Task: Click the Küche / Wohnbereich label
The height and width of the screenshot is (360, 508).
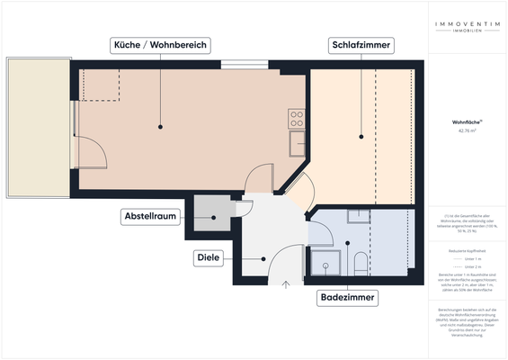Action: [x=159, y=45]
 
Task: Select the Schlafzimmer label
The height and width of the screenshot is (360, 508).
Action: [x=360, y=45]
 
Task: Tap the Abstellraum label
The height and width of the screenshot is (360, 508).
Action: [x=150, y=217]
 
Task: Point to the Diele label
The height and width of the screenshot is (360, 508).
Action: [x=208, y=258]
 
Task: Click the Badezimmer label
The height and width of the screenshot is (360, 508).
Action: [x=347, y=297]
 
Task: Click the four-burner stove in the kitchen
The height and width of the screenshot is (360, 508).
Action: [x=297, y=117]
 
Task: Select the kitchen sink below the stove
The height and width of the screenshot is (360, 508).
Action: [x=296, y=142]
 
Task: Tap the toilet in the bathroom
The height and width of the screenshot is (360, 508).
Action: [x=361, y=264]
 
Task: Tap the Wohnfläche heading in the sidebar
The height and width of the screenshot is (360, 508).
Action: [x=466, y=121]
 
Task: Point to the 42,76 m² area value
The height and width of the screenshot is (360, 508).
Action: [x=466, y=131]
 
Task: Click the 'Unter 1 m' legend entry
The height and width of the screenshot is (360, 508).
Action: [x=467, y=258]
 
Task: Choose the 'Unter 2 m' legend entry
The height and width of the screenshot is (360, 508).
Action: [x=467, y=268]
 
